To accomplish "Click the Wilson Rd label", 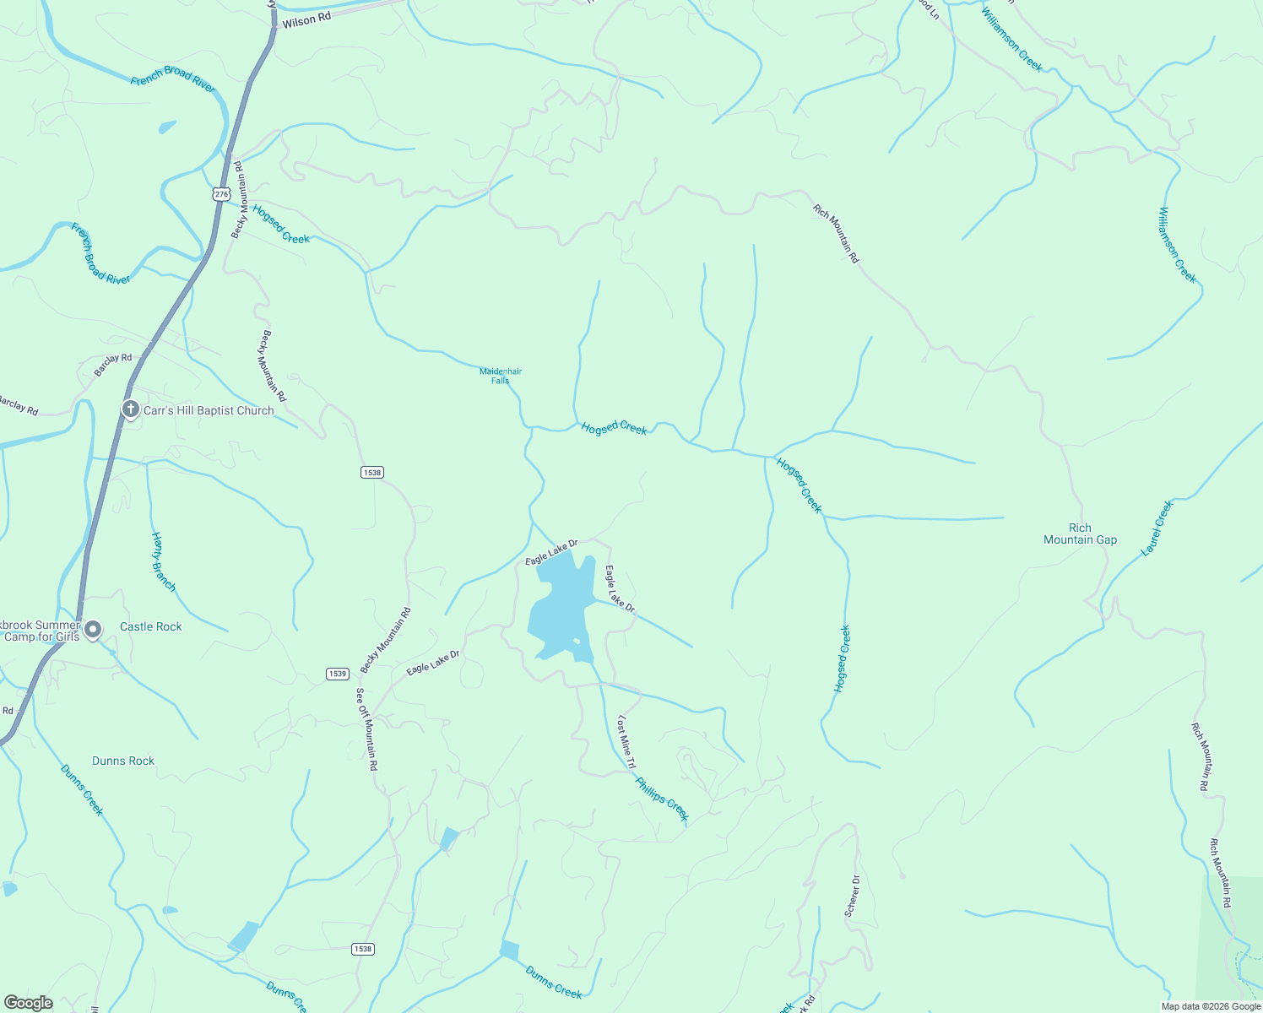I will pos(306,20).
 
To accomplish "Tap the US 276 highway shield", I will pos(221,194).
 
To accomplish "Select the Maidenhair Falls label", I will pos(501,376).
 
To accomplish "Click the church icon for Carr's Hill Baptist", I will pos(130,410).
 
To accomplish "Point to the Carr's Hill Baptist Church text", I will pos(209,411).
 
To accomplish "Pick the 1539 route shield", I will pos(337,674).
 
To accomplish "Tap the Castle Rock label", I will pos(151,626).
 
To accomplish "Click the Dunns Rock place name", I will pos(123,761).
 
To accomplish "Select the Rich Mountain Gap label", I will pos(1080,534).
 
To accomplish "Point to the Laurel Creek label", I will pos(1157,528).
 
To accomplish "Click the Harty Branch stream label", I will pos(163,561).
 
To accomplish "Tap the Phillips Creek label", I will pos(662,799).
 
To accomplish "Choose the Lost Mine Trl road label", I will pos(626,742).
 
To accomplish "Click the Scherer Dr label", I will pos(853,896).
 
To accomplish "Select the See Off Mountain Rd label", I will pos(366,729).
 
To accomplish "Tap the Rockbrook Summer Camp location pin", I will pos(93,630).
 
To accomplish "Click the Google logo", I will pos(28,1003).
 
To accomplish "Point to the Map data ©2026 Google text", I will pos(1210,1006).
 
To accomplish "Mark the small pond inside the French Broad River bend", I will pos(167,127).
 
